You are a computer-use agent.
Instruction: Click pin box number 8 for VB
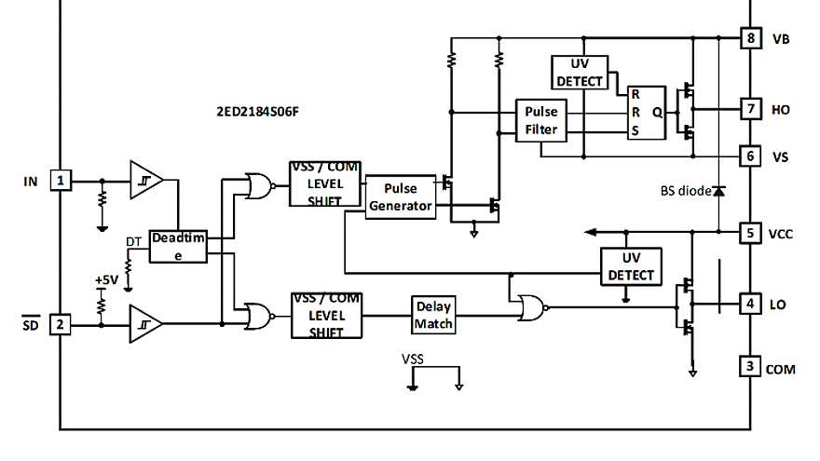tap(751, 39)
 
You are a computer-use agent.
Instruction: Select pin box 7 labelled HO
tap(751, 108)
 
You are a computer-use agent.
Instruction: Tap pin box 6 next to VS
tap(751, 156)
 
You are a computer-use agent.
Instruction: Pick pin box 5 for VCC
tap(751, 233)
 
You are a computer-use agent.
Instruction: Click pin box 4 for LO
tap(751, 303)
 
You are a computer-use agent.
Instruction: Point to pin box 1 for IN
tap(61, 180)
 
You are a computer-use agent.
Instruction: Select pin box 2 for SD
tap(61, 324)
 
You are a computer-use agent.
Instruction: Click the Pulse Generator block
tap(401, 196)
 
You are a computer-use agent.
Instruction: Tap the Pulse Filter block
tap(541, 121)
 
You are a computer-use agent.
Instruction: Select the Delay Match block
tap(433, 315)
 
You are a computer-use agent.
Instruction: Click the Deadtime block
tap(177, 246)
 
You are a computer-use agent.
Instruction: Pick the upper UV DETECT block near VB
tap(581, 72)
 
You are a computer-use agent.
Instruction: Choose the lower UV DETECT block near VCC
tap(630, 265)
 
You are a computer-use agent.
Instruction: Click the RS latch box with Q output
tap(647, 113)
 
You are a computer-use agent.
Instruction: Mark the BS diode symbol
tap(719, 191)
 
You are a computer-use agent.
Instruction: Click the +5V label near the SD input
tap(106, 279)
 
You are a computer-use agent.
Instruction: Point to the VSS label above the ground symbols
tap(413, 357)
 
